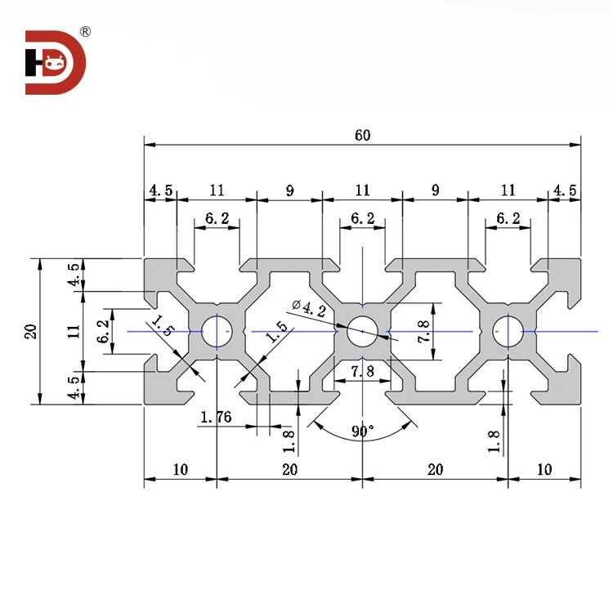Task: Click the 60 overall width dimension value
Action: click(362, 136)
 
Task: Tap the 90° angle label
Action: click(362, 432)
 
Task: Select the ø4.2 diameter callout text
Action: click(309, 308)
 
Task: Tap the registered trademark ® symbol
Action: click(84, 32)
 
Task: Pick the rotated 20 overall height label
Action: click(30, 331)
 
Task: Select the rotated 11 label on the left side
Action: click(74, 331)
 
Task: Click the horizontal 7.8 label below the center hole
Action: click(362, 372)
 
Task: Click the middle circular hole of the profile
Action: click(362, 331)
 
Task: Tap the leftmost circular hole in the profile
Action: click(217, 331)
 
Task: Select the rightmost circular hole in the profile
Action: click(508, 331)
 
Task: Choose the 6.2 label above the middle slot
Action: click(362, 218)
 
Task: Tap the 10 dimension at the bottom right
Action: click(544, 469)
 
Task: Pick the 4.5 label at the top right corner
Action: click(565, 190)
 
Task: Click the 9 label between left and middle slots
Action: click(289, 190)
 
